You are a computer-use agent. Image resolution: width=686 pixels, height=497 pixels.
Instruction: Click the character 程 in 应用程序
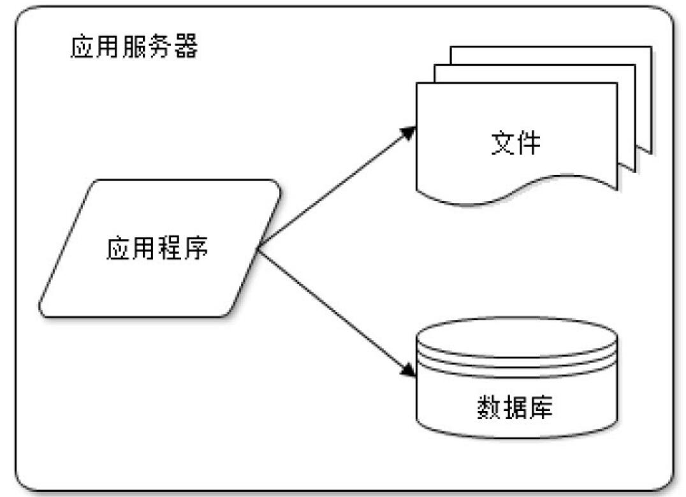click(169, 249)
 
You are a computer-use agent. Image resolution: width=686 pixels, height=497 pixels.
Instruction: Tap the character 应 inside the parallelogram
click(119, 249)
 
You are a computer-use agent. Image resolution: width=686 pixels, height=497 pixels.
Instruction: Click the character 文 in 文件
click(503, 144)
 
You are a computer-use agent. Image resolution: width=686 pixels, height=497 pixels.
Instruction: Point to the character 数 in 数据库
click(490, 406)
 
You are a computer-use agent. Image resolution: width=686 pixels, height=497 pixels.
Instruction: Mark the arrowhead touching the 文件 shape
click(408, 131)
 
